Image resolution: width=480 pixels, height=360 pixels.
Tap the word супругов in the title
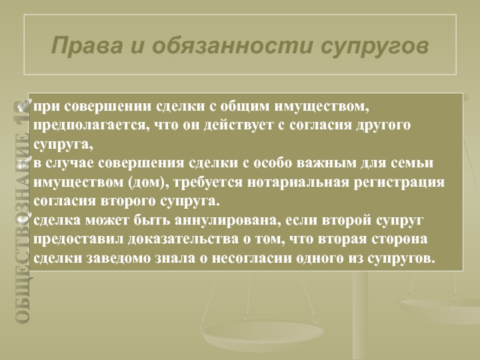tap(374, 47)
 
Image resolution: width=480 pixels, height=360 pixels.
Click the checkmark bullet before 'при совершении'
tap(25, 106)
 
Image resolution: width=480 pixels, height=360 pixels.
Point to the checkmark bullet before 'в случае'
tap(25, 162)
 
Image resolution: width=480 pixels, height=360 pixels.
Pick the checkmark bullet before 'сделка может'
tap(25, 219)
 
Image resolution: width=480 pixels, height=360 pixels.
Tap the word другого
tap(383, 126)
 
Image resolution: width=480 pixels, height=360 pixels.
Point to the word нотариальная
tap(298, 182)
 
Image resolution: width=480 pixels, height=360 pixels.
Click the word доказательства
tap(183, 239)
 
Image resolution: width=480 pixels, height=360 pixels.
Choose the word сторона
tap(400, 239)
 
